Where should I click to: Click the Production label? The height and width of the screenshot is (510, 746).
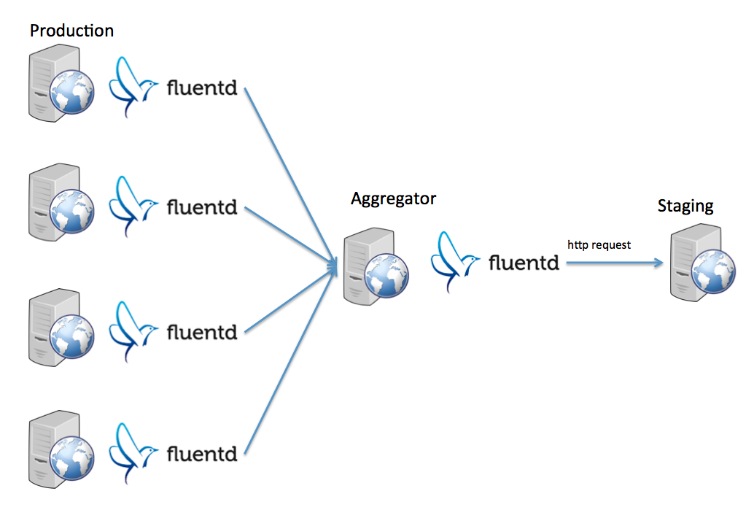pyautogui.click(x=72, y=31)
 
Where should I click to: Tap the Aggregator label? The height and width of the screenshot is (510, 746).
pyautogui.click(x=394, y=198)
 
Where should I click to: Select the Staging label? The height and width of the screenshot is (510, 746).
pyautogui.click(x=685, y=206)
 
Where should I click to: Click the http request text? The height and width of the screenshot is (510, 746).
pyautogui.click(x=599, y=244)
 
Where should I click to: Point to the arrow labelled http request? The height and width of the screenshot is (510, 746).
pyautogui.click(x=615, y=263)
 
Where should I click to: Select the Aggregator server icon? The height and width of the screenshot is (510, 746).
pyautogui.click(x=376, y=266)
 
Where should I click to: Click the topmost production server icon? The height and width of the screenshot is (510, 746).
pyautogui.click(x=61, y=83)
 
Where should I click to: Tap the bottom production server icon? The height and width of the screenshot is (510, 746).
pyautogui.click(x=61, y=449)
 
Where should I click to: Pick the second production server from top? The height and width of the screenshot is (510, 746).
pyautogui.click(x=61, y=202)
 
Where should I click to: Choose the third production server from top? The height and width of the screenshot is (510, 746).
pyautogui.click(x=61, y=327)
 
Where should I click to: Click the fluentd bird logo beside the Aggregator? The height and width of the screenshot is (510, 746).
pyautogui.click(x=455, y=262)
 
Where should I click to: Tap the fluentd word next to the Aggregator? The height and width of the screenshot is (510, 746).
pyautogui.click(x=524, y=263)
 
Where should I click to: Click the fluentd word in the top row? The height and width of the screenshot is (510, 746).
pyautogui.click(x=202, y=88)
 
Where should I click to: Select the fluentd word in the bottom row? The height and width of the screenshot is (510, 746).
pyautogui.click(x=202, y=454)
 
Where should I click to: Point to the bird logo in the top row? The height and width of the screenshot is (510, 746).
pyautogui.click(x=133, y=87)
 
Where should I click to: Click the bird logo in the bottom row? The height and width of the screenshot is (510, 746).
pyautogui.click(x=133, y=453)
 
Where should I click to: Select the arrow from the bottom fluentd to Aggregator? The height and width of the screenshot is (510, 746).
pyautogui.click(x=291, y=358)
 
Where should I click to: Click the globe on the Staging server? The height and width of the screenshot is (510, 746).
pyautogui.click(x=714, y=271)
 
